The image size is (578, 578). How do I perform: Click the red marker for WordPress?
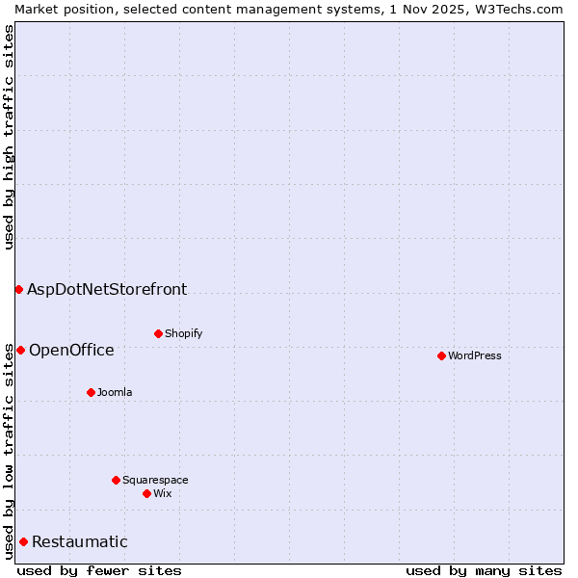tap(441, 355)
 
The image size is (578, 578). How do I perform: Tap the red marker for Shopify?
tap(158, 333)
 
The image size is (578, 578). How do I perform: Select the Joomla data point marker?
tap(91, 392)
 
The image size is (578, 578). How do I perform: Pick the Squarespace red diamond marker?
tap(116, 480)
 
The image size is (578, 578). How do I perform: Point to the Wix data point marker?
tap(146, 493)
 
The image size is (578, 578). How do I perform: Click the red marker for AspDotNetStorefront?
tap(18, 289)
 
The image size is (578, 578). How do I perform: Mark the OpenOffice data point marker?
tap(20, 350)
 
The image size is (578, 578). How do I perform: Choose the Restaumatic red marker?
tap(23, 541)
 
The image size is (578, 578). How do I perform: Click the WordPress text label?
tap(475, 355)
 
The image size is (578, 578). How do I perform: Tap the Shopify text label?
tap(183, 333)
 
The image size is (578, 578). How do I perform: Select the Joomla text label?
tap(115, 392)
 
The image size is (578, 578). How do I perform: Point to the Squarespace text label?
tap(155, 480)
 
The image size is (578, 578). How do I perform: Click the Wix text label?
tap(163, 493)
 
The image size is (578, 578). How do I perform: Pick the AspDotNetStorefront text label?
tap(107, 289)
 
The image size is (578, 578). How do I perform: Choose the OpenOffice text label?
tap(71, 350)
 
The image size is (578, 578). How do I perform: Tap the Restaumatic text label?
tap(80, 541)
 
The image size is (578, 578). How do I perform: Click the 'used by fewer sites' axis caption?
tap(99, 570)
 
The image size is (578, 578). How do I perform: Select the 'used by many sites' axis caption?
tap(484, 570)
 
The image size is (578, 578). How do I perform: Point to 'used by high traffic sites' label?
tap(9, 137)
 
